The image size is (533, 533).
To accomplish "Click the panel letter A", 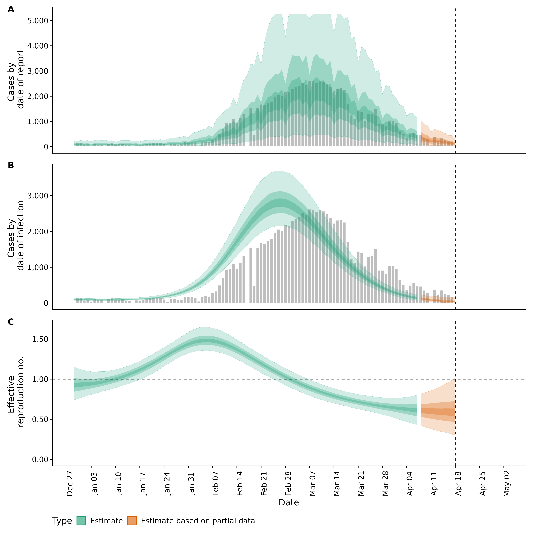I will (11, 9).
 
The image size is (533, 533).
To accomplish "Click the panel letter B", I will (11, 166).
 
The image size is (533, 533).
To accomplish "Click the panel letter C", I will (11, 322).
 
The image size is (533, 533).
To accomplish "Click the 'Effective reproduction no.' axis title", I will (16, 392).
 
